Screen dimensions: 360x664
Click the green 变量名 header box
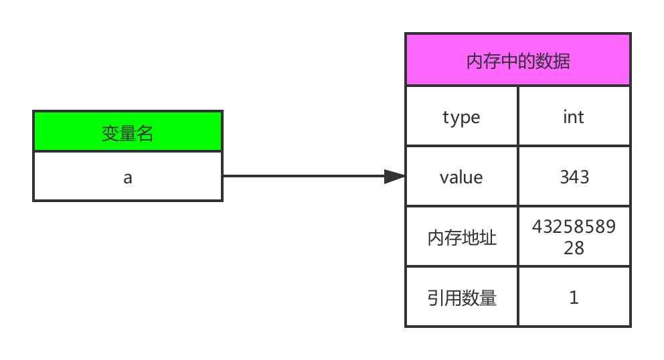coord(127,132)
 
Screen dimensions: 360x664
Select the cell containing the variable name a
coord(127,177)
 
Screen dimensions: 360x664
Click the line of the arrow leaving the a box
coord(301,177)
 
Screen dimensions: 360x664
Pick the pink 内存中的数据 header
coord(517,60)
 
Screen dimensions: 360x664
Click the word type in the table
coord(461,117)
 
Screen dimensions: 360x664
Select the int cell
coord(574,117)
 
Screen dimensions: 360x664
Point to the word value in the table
coord(461,177)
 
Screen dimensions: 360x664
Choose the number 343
coord(574,177)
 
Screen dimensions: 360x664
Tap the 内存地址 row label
coord(461,238)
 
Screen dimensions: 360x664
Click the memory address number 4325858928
coord(574,238)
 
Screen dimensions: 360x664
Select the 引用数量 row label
coord(461,298)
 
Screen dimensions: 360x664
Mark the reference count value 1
coord(574,298)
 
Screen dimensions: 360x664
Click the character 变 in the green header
coord(110,133)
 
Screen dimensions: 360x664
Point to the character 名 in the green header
coord(145,133)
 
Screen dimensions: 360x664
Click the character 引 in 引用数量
coord(435,298)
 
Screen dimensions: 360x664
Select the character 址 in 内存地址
coord(488,238)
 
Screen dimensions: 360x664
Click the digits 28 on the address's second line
coord(574,248)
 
